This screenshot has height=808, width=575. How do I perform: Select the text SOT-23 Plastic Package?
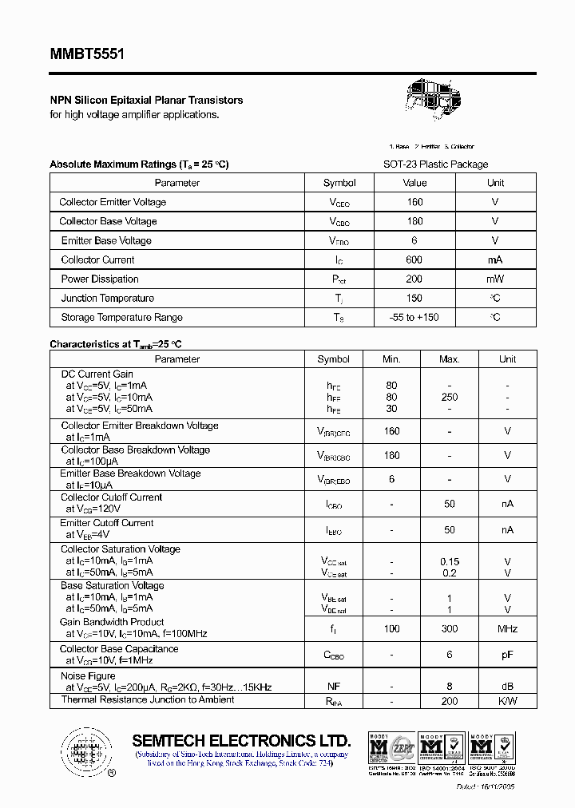click(435, 164)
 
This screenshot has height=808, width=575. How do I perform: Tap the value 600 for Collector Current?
click(414, 260)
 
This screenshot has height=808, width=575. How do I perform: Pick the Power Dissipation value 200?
click(414, 279)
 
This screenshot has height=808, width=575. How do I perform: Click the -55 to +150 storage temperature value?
click(414, 318)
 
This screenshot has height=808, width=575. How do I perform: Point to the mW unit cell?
click(495, 279)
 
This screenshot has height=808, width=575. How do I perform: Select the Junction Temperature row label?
click(108, 299)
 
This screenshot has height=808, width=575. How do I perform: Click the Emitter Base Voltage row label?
click(106, 241)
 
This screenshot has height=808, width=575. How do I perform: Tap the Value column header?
click(414, 183)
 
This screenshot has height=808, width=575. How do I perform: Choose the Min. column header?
click(391, 359)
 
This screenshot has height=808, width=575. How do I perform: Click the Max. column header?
click(450, 359)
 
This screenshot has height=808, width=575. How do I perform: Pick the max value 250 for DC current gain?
click(450, 397)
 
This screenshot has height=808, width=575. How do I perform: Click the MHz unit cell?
click(508, 629)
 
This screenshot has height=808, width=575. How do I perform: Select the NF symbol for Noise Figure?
click(334, 686)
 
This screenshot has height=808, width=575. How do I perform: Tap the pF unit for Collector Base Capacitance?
click(508, 655)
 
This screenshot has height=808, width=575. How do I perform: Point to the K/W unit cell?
click(508, 701)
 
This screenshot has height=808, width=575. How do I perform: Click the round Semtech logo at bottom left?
click(83, 751)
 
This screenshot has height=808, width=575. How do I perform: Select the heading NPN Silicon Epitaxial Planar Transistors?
click(146, 101)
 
